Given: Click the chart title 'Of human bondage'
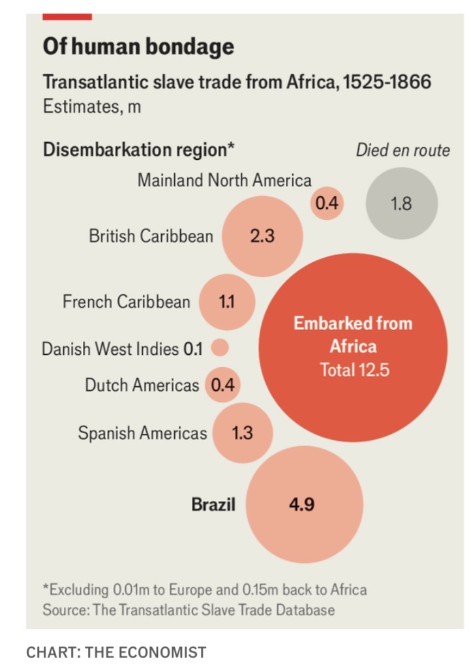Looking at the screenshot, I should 138,46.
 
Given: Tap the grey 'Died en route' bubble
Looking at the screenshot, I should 401,203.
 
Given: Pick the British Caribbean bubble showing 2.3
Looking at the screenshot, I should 262,235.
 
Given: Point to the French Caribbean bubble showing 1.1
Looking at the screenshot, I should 226,301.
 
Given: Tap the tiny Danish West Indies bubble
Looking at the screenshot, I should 220,348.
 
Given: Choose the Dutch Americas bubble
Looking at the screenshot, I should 222,385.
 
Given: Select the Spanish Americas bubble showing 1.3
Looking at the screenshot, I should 242,433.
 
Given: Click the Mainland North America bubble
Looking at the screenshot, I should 326,204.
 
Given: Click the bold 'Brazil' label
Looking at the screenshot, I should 213,504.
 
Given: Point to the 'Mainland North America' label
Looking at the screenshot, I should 224,180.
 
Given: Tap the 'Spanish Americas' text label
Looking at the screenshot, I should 142,433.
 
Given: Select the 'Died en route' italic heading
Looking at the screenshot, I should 403,151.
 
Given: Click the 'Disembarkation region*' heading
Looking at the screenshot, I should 138,150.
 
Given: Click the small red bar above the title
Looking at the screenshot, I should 67,16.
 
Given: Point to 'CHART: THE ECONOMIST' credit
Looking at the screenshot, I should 115,652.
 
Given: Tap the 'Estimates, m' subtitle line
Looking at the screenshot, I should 91,106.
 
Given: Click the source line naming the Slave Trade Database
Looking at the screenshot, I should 189,610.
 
